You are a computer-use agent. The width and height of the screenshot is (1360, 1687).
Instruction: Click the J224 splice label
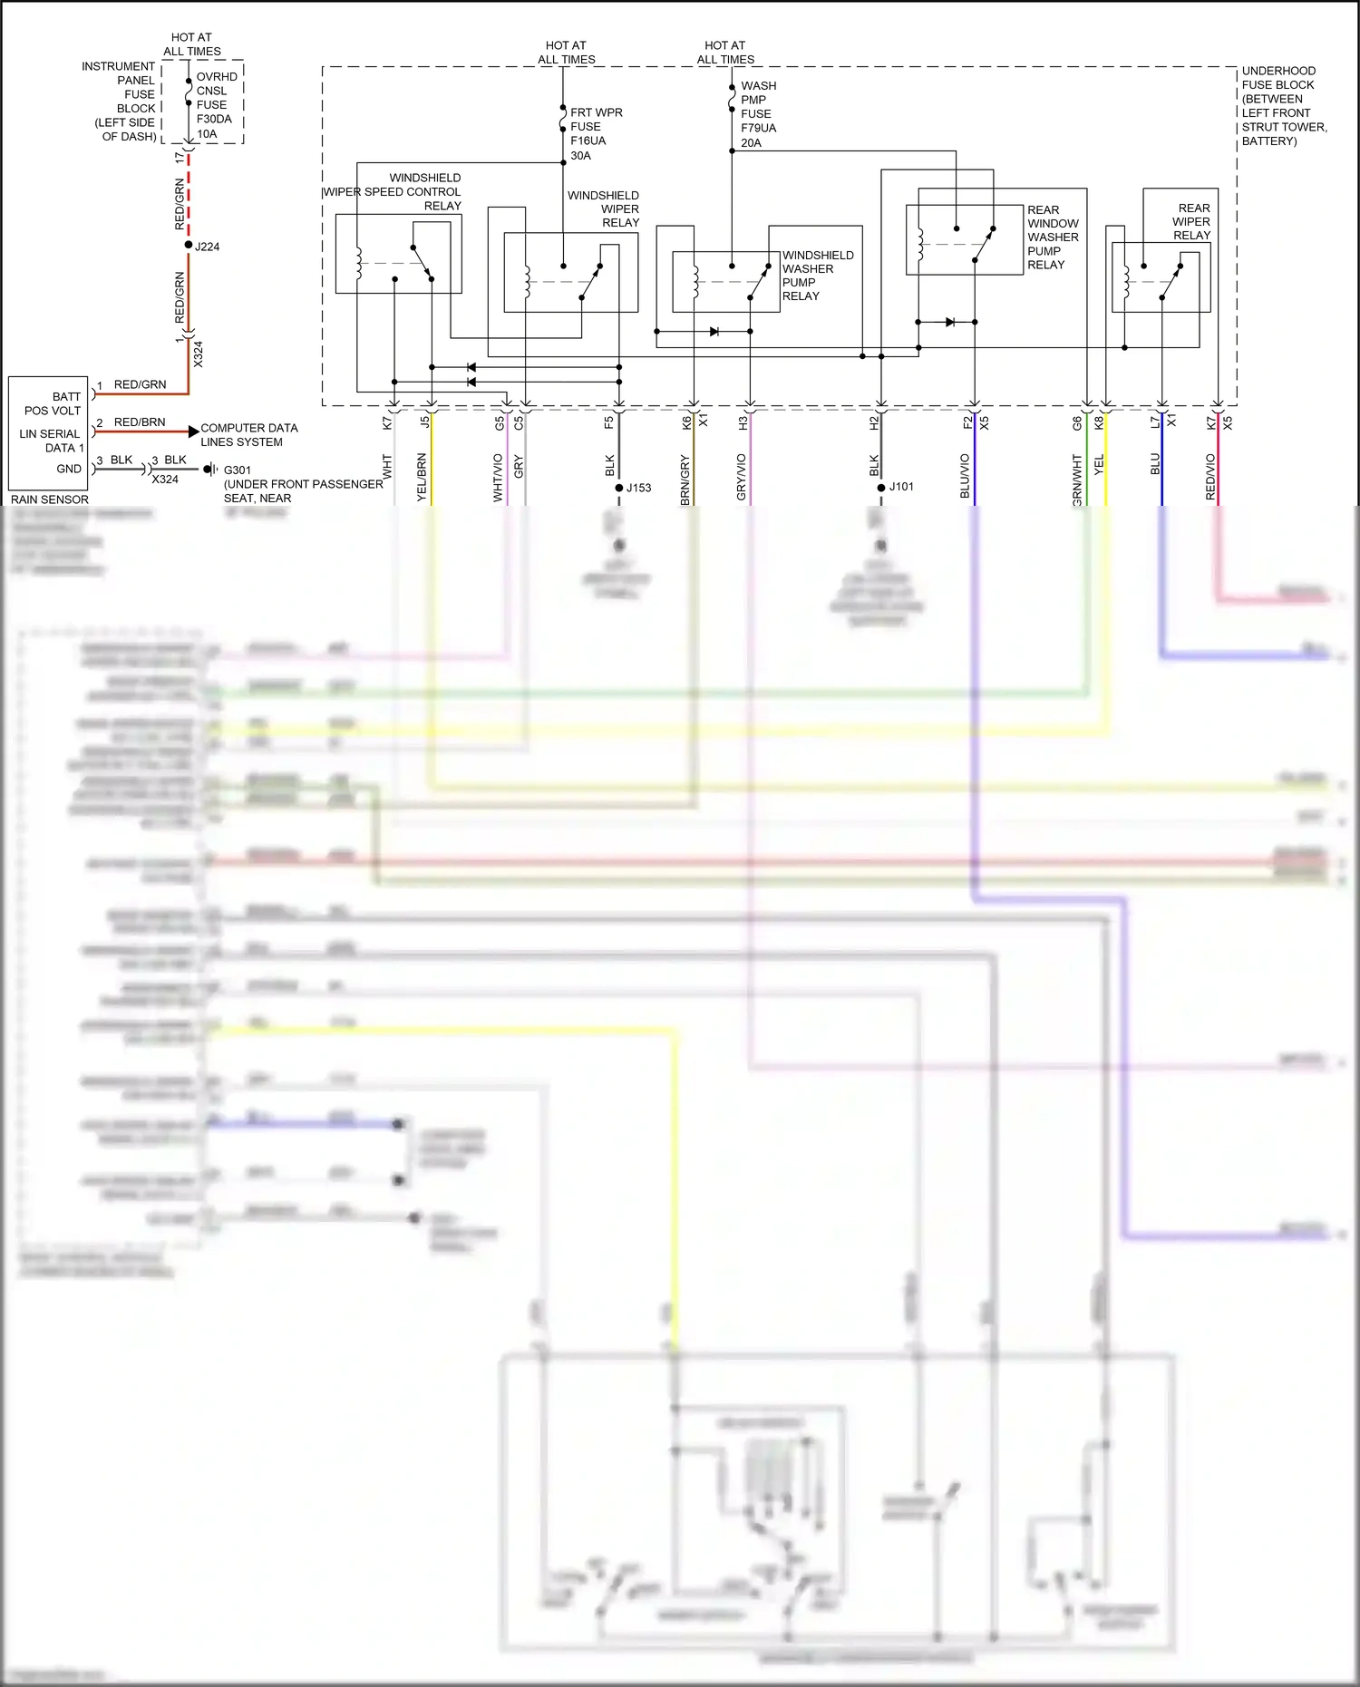tap(207, 247)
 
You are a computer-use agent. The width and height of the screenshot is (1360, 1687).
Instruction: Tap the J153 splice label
tap(638, 488)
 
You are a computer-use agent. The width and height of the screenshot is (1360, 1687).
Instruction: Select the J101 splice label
tap(901, 487)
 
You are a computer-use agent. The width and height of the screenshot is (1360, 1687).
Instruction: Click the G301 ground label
tap(238, 470)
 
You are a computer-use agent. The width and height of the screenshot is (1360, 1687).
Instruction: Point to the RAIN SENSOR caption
tap(50, 499)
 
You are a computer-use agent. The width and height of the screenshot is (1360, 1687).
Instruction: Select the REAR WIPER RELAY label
tap(1191, 221)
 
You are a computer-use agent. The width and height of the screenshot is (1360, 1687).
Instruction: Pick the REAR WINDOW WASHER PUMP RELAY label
tap(1053, 238)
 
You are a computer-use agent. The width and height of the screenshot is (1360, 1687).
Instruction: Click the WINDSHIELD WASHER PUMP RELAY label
tap(817, 276)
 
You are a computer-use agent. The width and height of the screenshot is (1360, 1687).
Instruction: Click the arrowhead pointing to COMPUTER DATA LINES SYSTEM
tap(193, 431)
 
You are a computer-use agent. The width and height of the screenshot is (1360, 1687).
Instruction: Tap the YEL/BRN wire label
tap(422, 478)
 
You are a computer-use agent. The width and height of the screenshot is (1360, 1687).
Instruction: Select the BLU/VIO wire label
tap(965, 476)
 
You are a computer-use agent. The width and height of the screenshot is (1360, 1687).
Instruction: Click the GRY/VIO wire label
tap(742, 478)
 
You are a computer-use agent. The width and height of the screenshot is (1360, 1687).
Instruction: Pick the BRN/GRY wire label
tap(685, 480)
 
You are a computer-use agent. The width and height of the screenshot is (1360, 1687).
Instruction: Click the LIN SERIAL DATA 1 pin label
tap(51, 441)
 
